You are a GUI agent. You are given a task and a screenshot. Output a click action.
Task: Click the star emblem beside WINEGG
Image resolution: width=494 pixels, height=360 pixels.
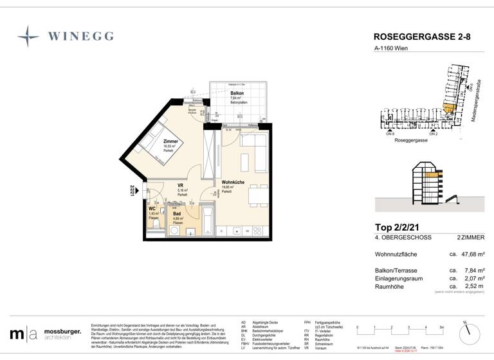click(x=28, y=37)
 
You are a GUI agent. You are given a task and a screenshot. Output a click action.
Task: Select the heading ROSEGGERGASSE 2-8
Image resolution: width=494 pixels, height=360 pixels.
click(x=421, y=37)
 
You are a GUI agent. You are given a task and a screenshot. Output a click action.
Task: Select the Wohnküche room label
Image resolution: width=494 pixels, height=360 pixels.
click(x=233, y=182)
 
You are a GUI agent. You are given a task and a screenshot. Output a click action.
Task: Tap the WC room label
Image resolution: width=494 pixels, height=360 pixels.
click(x=152, y=208)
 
